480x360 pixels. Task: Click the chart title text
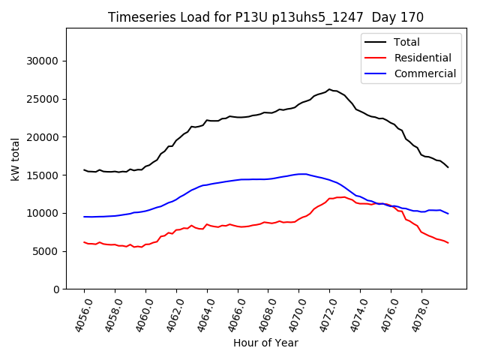[x=265, y=17]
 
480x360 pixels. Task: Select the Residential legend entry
[x=422, y=58]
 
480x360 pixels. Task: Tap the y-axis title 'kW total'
[x=15, y=159]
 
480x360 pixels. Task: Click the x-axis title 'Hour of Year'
[x=265, y=343]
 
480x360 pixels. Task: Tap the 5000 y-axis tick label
[x=46, y=251]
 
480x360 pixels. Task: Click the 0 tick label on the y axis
[x=56, y=289]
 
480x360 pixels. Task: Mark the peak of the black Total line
[x=328, y=89]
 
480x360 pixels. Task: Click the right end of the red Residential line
[x=448, y=243]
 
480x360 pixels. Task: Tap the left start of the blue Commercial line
[x=84, y=217]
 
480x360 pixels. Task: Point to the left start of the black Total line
[x=84, y=169]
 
